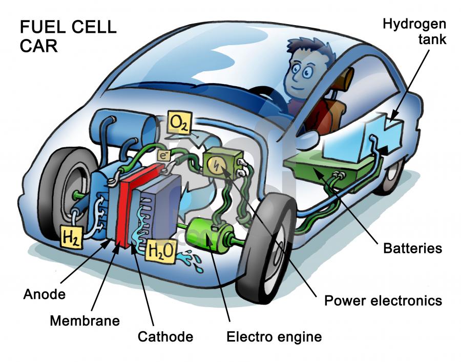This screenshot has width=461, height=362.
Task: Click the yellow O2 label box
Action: [x=179, y=123]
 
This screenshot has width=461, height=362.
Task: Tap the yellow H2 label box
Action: [x=71, y=236]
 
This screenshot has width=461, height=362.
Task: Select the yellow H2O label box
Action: [x=161, y=250]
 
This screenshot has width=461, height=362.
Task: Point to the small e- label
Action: [x=163, y=155]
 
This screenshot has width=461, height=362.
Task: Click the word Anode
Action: [x=45, y=294]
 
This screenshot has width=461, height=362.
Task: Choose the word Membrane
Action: [x=85, y=320]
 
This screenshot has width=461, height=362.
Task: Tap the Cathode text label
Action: [x=165, y=337]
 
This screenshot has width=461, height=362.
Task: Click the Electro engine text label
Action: [x=274, y=337]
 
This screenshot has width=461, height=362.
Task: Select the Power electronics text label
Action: [x=383, y=301]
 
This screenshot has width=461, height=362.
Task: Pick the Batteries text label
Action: [x=412, y=248]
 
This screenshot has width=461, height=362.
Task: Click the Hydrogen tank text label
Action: [x=414, y=31]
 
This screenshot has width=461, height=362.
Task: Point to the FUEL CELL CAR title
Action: [x=68, y=36]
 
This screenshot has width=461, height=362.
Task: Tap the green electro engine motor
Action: [x=211, y=234]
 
